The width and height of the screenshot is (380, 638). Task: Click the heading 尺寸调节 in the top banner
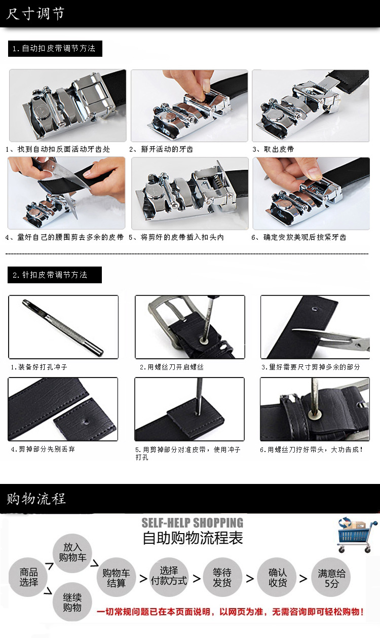35,14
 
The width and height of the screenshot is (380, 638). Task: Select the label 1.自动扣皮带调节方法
54,49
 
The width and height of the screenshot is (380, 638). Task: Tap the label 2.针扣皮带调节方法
50,275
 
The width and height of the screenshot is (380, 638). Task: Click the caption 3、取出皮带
273,149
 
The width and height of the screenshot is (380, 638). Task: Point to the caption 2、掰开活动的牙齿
161,149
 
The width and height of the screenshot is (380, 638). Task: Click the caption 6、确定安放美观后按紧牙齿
298,237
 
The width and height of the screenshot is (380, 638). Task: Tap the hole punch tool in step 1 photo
63,327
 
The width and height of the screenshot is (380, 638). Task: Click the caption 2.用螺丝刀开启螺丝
171,367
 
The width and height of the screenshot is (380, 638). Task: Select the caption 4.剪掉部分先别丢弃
43,449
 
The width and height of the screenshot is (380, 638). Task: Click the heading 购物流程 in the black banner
36,499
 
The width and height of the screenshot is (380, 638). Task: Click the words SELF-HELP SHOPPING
193,523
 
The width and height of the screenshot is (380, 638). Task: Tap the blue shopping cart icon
354,535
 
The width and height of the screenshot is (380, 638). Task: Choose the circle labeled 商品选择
28,577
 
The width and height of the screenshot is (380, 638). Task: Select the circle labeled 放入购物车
72,553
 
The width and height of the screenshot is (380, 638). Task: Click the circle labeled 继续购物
72,602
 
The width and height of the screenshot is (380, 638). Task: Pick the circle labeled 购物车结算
116,577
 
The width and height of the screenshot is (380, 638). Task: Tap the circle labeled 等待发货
222,577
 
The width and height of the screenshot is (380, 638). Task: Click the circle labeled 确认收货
277,577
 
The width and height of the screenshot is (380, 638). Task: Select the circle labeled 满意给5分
331,577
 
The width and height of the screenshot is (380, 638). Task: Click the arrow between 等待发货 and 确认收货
250,579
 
